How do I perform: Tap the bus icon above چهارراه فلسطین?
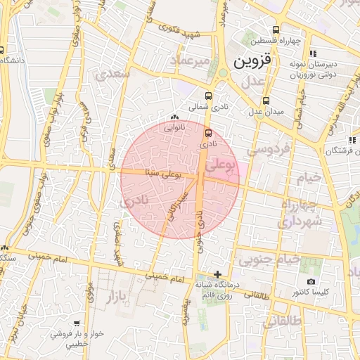[x=276, y=30]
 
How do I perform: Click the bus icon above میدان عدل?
[x=266, y=100]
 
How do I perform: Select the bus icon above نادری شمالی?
[x=208, y=96]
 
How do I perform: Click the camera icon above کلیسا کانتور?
[x=311, y=281]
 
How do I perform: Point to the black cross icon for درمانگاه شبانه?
[x=218, y=274]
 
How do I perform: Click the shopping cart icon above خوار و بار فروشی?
[x=75, y=324]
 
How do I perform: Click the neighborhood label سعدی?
[x=115, y=72]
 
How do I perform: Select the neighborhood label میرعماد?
[x=192, y=63]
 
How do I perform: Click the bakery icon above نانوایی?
[x=174, y=117]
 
